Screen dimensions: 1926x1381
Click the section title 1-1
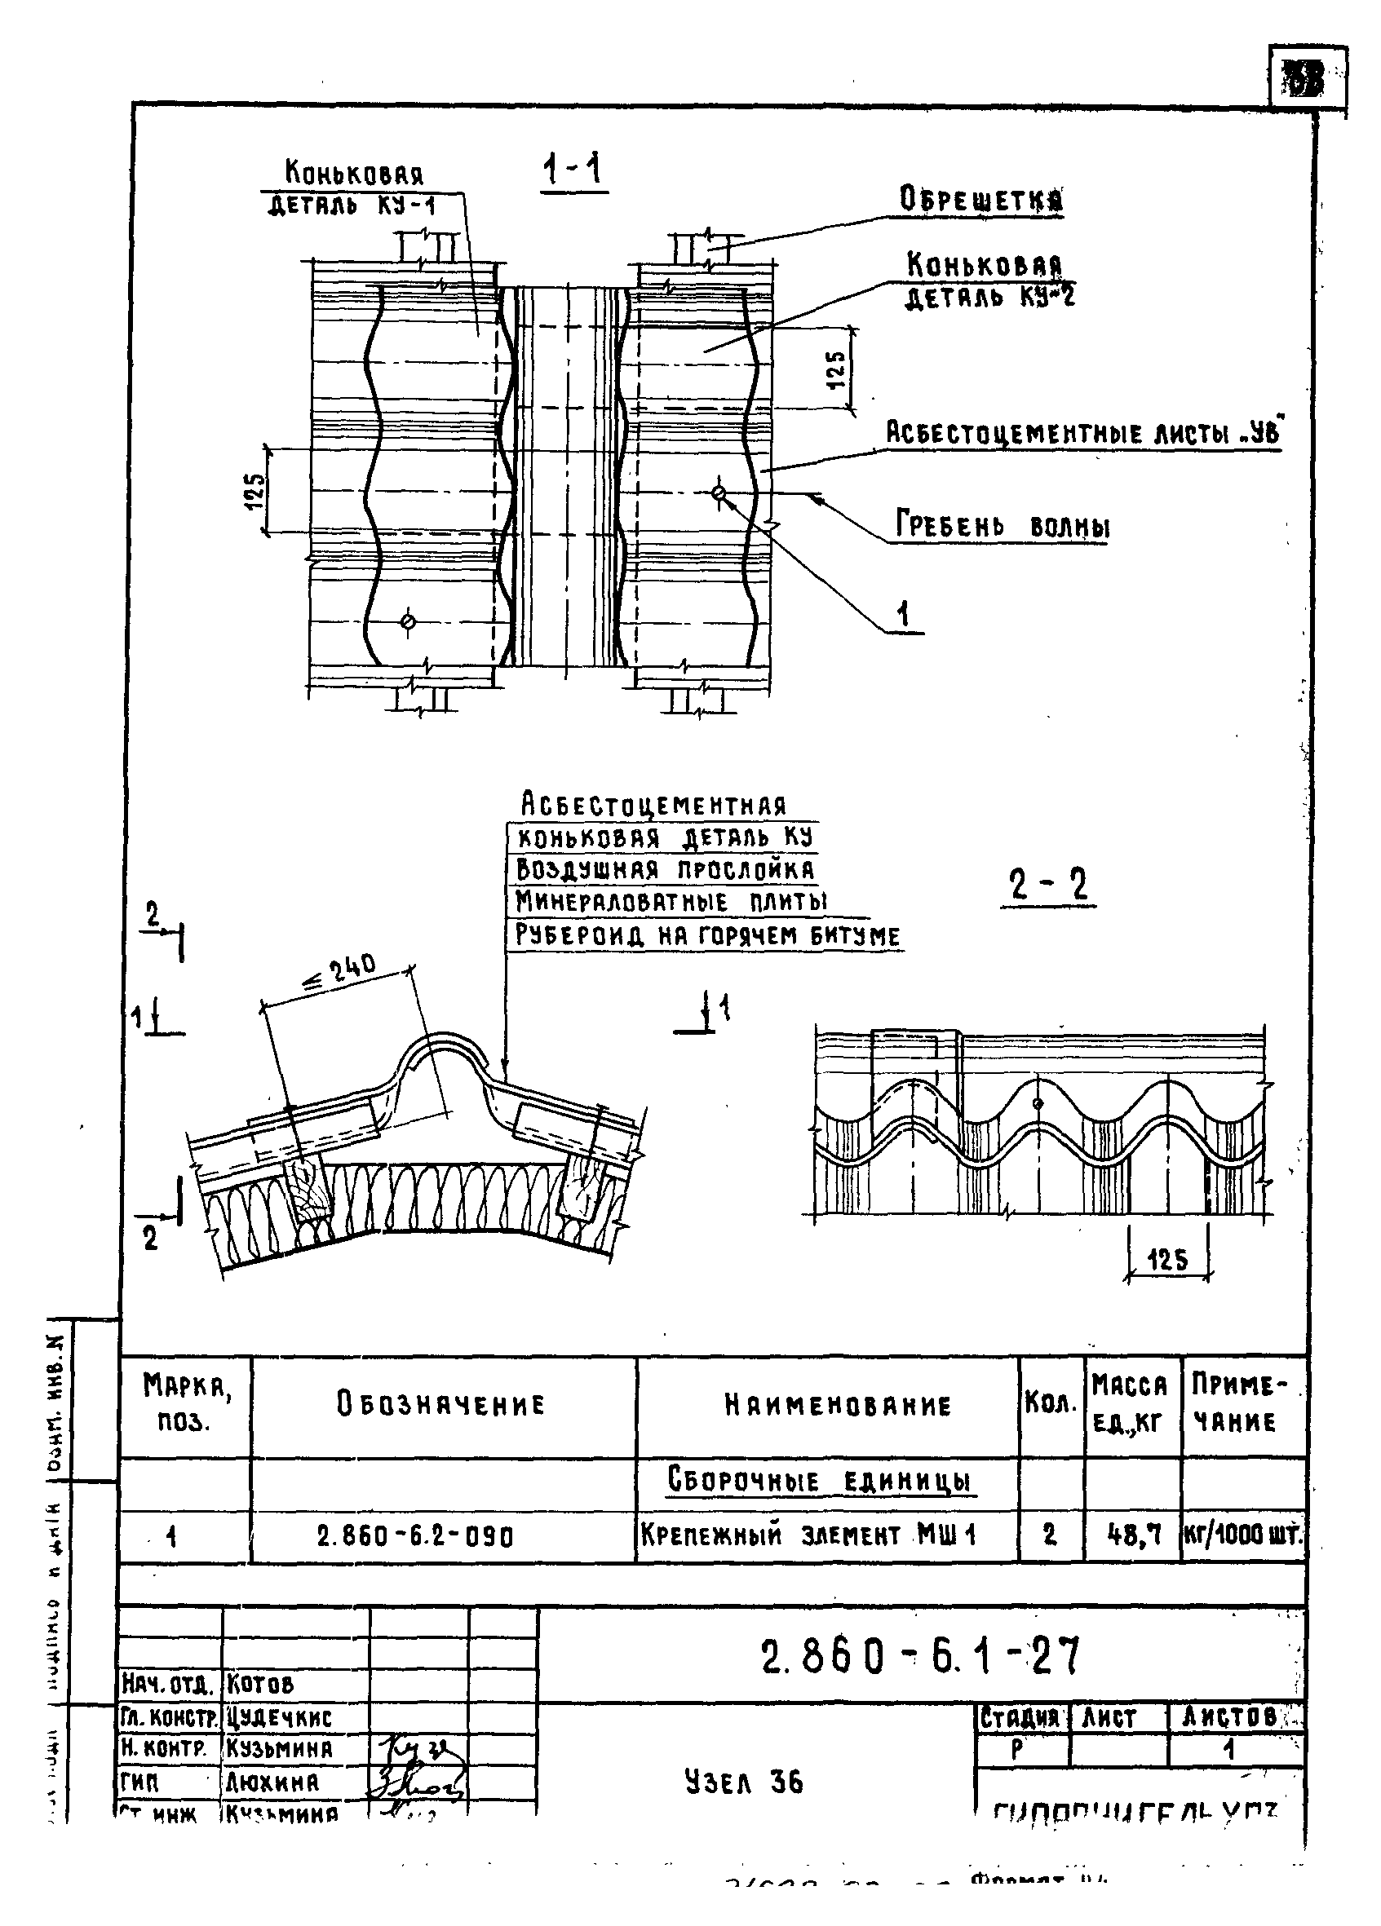[573, 170]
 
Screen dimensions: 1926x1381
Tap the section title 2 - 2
[1048, 886]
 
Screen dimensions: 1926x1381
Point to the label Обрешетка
[981, 201]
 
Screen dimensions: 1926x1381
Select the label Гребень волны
[1003, 527]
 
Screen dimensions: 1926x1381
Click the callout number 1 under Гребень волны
[903, 613]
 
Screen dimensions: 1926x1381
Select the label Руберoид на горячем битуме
[707, 935]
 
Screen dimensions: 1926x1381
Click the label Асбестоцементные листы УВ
[1083, 433]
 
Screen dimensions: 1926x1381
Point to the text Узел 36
[744, 1782]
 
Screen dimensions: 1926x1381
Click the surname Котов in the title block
[260, 1683]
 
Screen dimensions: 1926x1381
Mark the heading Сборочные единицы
[819, 1480]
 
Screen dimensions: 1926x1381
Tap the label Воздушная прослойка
[665, 869]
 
